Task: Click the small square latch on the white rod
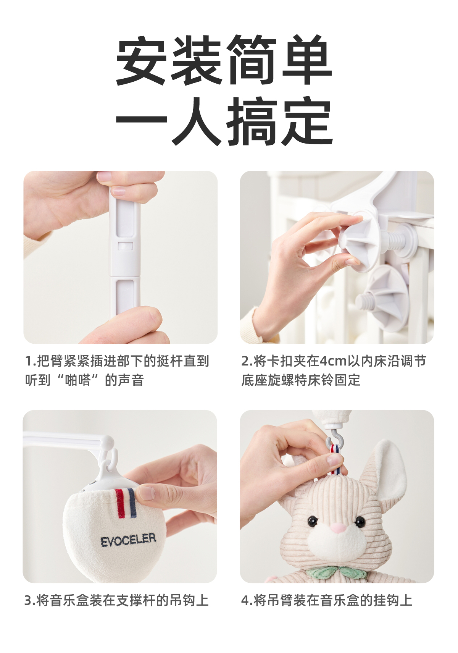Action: (125, 246)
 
